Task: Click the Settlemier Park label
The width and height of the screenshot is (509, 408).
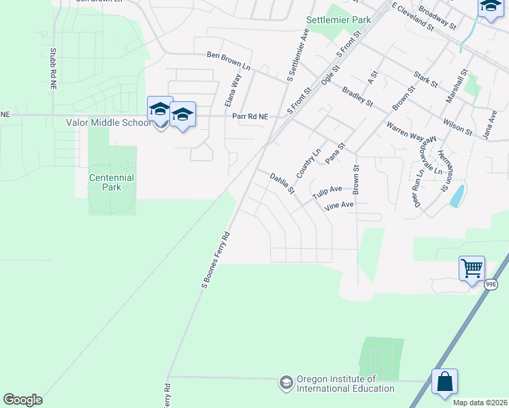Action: tap(339, 20)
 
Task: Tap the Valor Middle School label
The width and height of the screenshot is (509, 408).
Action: tap(108, 123)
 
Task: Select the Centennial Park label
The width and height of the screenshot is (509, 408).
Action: tap(112, 182)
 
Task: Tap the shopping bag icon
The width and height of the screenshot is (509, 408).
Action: tap(444, 381)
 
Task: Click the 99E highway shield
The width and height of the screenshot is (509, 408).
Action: tap(491, 285)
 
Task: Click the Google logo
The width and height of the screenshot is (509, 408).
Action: tap(22, 400)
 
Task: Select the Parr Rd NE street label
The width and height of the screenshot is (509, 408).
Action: tap(250, 116)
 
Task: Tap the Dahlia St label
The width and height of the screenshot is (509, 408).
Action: tap(282, 184)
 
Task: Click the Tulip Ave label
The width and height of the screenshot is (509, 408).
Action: tap(327, 192)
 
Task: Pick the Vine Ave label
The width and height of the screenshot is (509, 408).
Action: tap(339, 205)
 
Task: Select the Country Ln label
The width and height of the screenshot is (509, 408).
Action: tap(308, 162)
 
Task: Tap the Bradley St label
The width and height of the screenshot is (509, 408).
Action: tap(357, 96)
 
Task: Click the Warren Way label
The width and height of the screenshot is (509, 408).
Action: tap(405, 131)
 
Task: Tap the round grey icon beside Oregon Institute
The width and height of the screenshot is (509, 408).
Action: tap(286, 384)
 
